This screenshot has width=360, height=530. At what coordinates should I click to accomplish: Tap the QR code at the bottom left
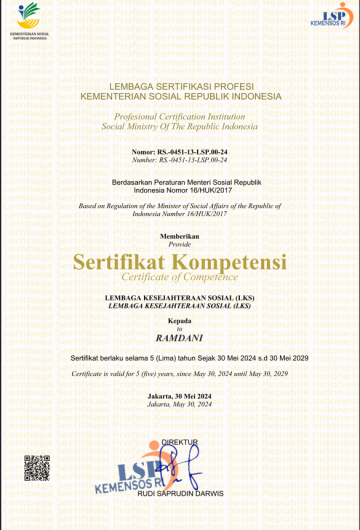[37, 467]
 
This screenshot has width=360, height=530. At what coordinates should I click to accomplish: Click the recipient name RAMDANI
[180, 338]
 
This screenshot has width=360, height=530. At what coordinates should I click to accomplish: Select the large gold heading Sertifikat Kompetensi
[180, 262]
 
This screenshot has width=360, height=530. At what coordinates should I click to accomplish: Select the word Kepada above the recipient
[180, 320]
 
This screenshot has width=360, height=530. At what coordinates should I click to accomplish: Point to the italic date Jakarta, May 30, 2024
[180, 406]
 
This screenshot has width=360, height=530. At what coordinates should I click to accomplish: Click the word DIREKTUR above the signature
[180, 441]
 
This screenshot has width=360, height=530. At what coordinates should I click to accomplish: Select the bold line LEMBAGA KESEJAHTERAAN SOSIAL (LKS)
[180, 298]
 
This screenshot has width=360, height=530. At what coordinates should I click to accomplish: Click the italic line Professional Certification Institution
[180, 118]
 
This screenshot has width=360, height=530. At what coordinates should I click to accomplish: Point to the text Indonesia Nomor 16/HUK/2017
[180, 188]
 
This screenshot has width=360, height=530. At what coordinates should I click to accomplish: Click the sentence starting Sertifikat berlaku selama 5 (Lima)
[180, 357]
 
